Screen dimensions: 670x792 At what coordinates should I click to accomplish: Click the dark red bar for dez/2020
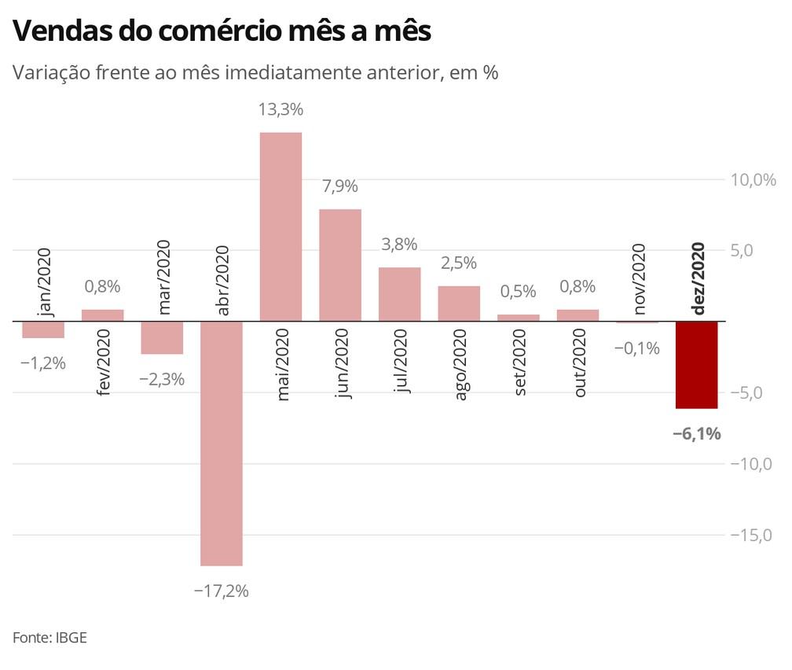[x=697, y=365]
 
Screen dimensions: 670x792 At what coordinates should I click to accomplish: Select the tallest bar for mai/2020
[x=280, y=226]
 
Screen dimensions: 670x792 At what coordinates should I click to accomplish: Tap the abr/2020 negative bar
[x=222, y=444]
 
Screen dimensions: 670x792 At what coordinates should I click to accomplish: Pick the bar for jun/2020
[x=340, y=265]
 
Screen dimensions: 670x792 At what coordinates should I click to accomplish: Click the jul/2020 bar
[x=399, y=294]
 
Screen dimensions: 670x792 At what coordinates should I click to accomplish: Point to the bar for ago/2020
[x=459, y=304]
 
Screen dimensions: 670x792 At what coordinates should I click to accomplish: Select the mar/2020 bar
[x=162, y=338]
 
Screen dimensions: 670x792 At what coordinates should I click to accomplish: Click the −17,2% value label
[x=221, y=591]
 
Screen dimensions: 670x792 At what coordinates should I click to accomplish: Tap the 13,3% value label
[x=280, y=110]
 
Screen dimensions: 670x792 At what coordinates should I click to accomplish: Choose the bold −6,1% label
[x=697, y=433]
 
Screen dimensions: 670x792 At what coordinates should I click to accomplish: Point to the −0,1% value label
[x=636, y=348]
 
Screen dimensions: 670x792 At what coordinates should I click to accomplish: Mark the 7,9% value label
[x=339, y=187]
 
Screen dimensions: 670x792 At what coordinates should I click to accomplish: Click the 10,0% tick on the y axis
[x=753, y=180]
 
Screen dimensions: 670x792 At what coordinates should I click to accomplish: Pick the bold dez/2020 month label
[x=697, y=279]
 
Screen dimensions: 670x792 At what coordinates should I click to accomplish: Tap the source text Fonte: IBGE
[x=49, y=637]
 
